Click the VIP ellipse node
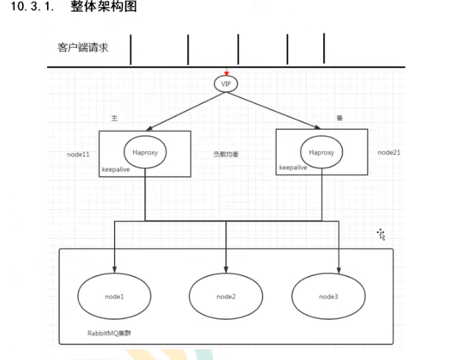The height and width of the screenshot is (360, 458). pyautogui.click(x=227, y=84)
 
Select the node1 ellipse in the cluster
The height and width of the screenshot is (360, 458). pyautogui.click(x=115, y=296)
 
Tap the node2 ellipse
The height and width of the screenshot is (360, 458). pyautogui.click(x=226, y=296)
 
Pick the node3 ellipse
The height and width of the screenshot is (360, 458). pyautogui.click(x=328, y=296)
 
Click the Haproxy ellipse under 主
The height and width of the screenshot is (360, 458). pyautogui.click(x=144, y=152)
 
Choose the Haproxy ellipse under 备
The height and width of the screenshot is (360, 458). pyautogui.click(x=321, y=152)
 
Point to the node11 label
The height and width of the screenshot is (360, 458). pyautogui.click(x=78, y=155)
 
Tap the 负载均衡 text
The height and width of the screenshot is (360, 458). pyautogui.click(x=226, y=155)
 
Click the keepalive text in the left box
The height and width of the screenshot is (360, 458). pyautogui.click(x=116, y=169)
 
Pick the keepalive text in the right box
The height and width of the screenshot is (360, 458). pyautogui.click(x=293, y=168)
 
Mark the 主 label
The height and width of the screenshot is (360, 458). pyautogui.click(x=114, y=118)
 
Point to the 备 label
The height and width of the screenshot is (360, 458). pyautogui.click(x=339, y=118)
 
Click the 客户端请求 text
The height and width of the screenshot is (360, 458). pyautogui.click(x=83, y=48)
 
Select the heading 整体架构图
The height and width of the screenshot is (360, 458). pyautogui.click(x=104, y=7)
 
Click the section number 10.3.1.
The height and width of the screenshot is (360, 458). pyautogui.click(x=31, y=7)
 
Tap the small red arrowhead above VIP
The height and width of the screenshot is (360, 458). pyautogui.click(x=227, y=73)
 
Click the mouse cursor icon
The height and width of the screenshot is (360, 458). pyautogui.click(x=381, y=234)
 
